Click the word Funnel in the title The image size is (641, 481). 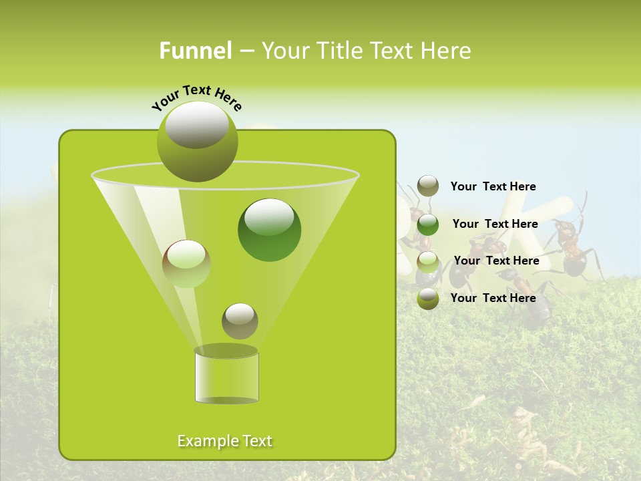point(195,51)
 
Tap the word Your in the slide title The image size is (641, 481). point(283,51)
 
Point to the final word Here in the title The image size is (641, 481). point(445,51)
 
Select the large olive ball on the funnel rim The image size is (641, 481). point(197,140)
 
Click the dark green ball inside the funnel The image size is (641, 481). point(269,230)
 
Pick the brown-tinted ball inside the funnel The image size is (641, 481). point(186,264)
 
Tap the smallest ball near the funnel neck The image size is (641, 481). point(240,321)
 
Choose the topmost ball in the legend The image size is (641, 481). point(428,186)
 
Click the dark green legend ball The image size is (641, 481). point(428,224)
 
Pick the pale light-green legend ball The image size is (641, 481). point(428,262)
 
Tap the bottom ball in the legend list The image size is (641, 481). point(428,299)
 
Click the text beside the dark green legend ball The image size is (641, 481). point(495,224)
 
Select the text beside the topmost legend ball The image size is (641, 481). point(493,187)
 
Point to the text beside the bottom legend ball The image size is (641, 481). point(493,298)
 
